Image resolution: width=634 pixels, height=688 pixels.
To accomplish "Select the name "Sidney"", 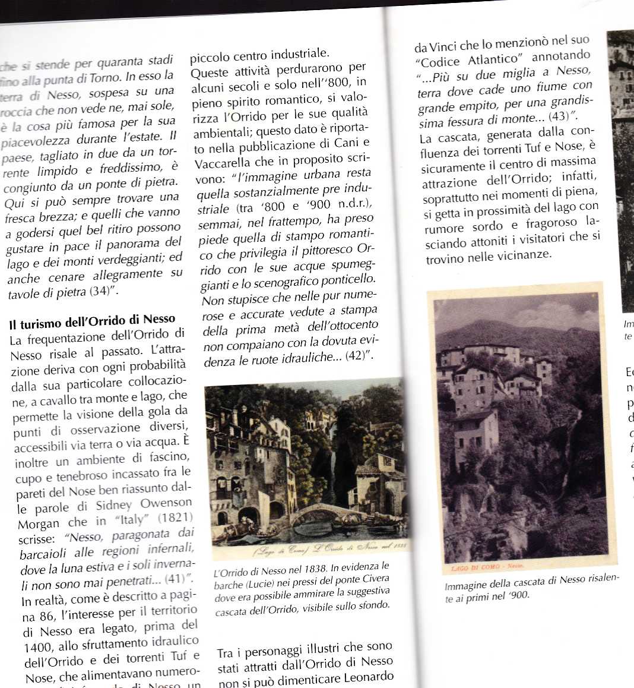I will [113, 506].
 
